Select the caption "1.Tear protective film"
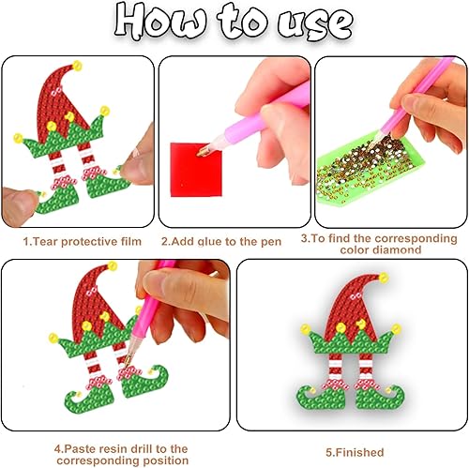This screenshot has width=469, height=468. click(80, 241)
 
